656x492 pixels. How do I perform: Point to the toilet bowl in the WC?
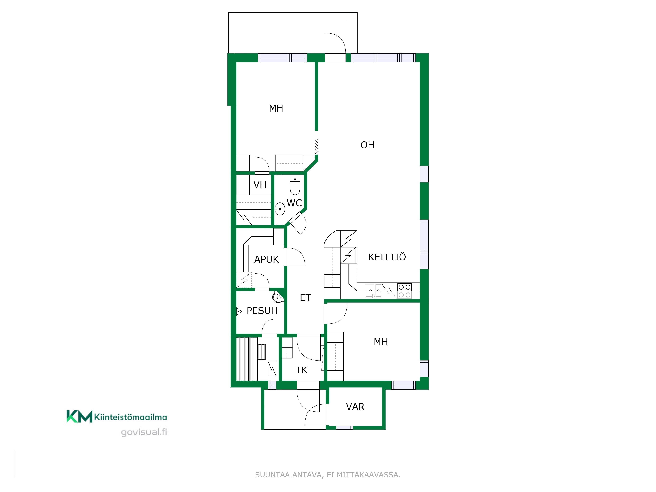295,186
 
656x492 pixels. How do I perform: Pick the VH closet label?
260,185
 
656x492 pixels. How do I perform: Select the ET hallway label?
306,297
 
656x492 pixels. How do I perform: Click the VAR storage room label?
355,407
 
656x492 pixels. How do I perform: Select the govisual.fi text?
144,432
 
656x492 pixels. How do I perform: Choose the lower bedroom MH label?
381,342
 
